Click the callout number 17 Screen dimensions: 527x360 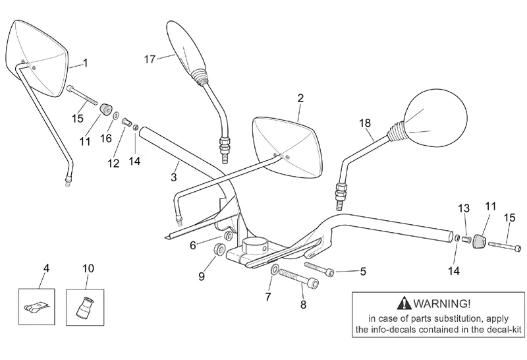click(x=150, y=59)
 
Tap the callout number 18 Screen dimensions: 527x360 click(x=365, y=123)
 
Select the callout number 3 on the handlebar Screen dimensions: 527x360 click(x=173, y=177)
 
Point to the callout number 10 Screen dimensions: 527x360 click(x=88, y=268)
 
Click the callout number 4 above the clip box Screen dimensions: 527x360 click(x=46, y=268)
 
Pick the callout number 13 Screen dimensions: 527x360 click(x=464, y=208)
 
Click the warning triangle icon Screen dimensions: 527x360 click(x=404, y=303)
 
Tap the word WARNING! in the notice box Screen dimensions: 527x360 click(x=441, y=304)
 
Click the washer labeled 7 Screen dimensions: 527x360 click(x=274, y=269)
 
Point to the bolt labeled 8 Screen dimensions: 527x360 click(x=298, y=279)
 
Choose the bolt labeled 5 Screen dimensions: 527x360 click(x=319, y=269)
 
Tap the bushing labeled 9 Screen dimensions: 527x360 click(x=219, y=250)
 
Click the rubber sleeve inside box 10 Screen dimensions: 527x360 click(x=84, y=307)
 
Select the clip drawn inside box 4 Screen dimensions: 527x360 click(x=37, y=307)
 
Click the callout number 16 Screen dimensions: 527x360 click(x=106, y=138)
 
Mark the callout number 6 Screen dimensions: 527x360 click(x=192, y=246)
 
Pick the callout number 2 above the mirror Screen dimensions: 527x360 click(x=300, y=98)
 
